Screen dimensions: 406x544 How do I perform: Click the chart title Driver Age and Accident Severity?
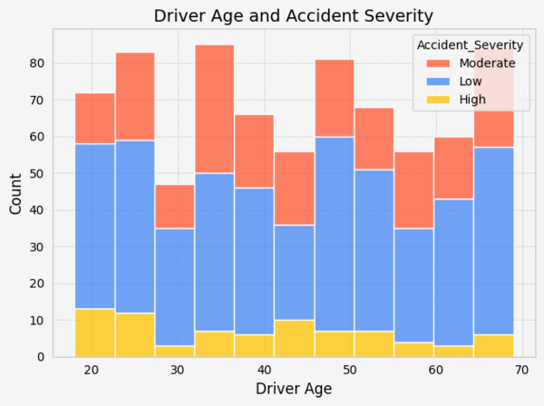click(293, 15)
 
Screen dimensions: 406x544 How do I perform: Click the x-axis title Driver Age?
click(293, 389)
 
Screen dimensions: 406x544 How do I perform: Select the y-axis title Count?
click(16, 193)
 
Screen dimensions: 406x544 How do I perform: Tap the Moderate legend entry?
click(487, 63)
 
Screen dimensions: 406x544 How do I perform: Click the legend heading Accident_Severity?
click(469, 45)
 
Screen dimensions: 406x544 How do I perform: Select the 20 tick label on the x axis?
click(91, 370)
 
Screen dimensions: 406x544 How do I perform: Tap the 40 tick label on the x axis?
click(264, 370)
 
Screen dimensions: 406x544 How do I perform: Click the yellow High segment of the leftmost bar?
click(95, 333)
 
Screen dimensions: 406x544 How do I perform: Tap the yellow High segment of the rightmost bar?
click(494, 345)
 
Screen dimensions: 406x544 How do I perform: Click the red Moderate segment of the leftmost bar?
click(95, 118)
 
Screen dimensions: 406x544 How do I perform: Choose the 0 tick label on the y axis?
click(40, 357)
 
